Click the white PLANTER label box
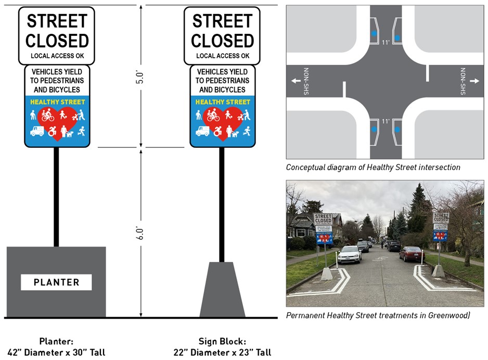[x=56, y=282]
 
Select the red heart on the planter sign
[x=57, y=120]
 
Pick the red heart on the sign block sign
[x=223, y=120]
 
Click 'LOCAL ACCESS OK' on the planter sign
[x=57, y=56]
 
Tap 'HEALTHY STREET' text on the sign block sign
[x=223, y=102]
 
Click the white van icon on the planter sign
[x=37, y=131]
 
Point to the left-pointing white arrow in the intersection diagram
[x=296, y=81]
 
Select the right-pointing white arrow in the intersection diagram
[x=474, y=81]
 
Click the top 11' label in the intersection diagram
[x=386, y=42]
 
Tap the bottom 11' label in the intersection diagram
[x=386, y=121]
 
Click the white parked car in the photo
[x=350, y=254]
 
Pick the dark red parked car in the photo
[x=412, y=253]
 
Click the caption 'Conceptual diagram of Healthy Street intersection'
[x=373, y=168]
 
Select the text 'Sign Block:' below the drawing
[x=222, y=341]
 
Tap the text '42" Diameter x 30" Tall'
[x=56, y=352]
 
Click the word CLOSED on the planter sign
[x=57, y=40]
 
